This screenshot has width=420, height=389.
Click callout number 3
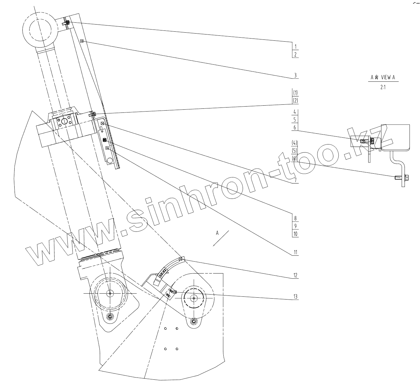[295, 75]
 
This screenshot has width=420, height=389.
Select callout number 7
[295, 180]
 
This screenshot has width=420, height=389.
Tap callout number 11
[295, 252]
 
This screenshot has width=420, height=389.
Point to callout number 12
[295, 275]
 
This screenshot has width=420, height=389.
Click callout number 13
[295, 297]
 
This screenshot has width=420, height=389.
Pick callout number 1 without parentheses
[295, 47]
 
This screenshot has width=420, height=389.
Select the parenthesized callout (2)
[295, 100]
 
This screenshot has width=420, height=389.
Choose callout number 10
[295, 234]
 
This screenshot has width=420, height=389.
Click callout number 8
[295, 218]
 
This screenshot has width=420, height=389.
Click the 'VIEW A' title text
[383, 78]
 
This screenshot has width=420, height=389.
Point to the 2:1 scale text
[383, 87]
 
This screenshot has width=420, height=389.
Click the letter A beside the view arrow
[217, 232]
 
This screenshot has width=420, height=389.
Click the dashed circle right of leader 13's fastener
[194, 298]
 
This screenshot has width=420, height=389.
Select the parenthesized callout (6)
[295, 158]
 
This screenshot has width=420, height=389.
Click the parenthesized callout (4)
[295, 143]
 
